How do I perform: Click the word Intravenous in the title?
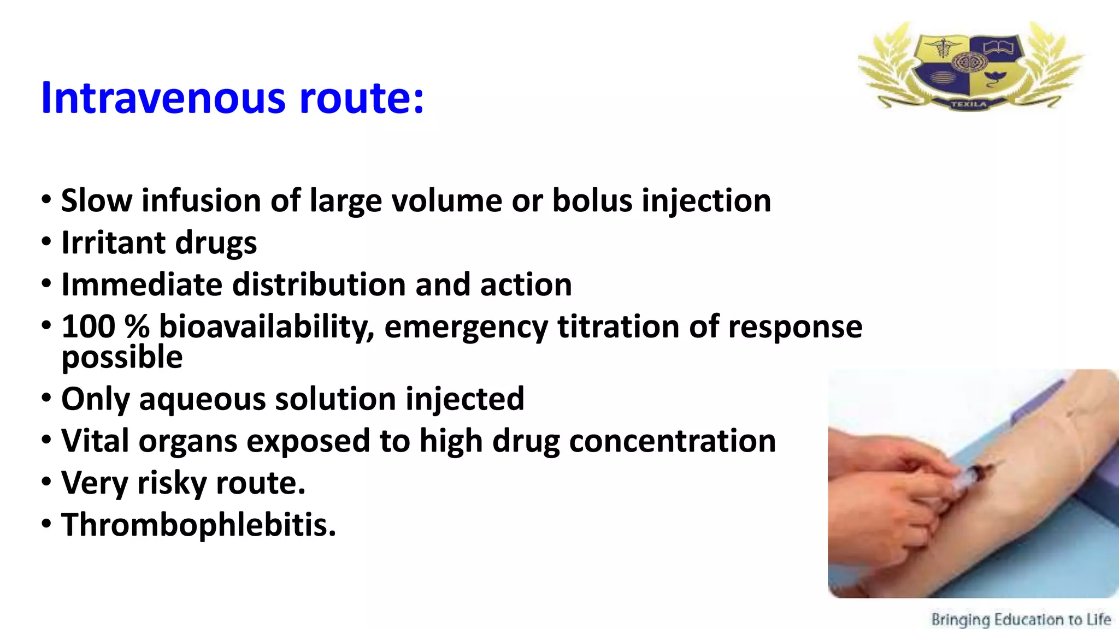(x=163, y=98)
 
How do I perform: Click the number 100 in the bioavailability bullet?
(x=88, y=327)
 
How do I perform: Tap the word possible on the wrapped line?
(x=122, y=358)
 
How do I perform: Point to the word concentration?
(x=672, y=441)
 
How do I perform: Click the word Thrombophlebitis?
(x=198, y=525)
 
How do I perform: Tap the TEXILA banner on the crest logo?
(x=969, y=104)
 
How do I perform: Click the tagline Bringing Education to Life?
(x=1021, y=619)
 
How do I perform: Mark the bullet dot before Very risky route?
(x=46, y=482)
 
